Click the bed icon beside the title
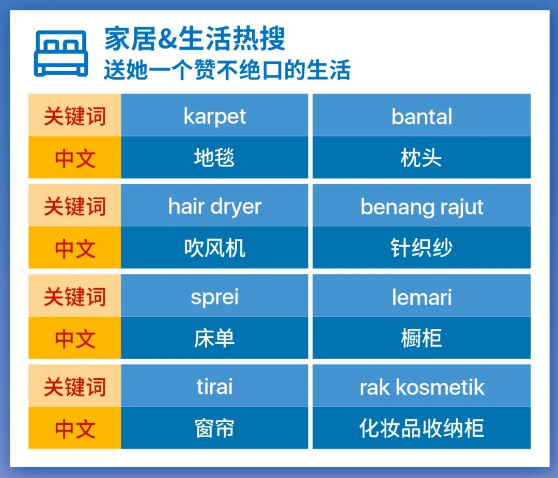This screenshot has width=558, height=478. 61,54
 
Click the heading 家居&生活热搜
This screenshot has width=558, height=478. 194,39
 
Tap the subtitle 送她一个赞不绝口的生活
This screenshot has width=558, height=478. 227,70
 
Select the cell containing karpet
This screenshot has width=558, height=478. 214,116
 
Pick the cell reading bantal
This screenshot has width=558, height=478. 422,116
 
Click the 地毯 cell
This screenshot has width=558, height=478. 214,157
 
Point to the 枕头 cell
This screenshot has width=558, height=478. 422,157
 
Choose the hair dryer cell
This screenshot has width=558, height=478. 214,206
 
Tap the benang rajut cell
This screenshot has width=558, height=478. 422,206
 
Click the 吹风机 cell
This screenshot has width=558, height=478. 214,248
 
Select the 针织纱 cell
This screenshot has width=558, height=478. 422,248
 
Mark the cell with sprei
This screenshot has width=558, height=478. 214,296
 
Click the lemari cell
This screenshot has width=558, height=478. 422,296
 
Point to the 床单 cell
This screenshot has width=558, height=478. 214,338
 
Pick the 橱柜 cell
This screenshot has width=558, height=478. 422,338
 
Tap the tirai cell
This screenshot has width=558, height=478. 214,387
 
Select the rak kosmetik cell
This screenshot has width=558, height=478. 422,387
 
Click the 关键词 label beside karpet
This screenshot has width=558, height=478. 75,116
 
